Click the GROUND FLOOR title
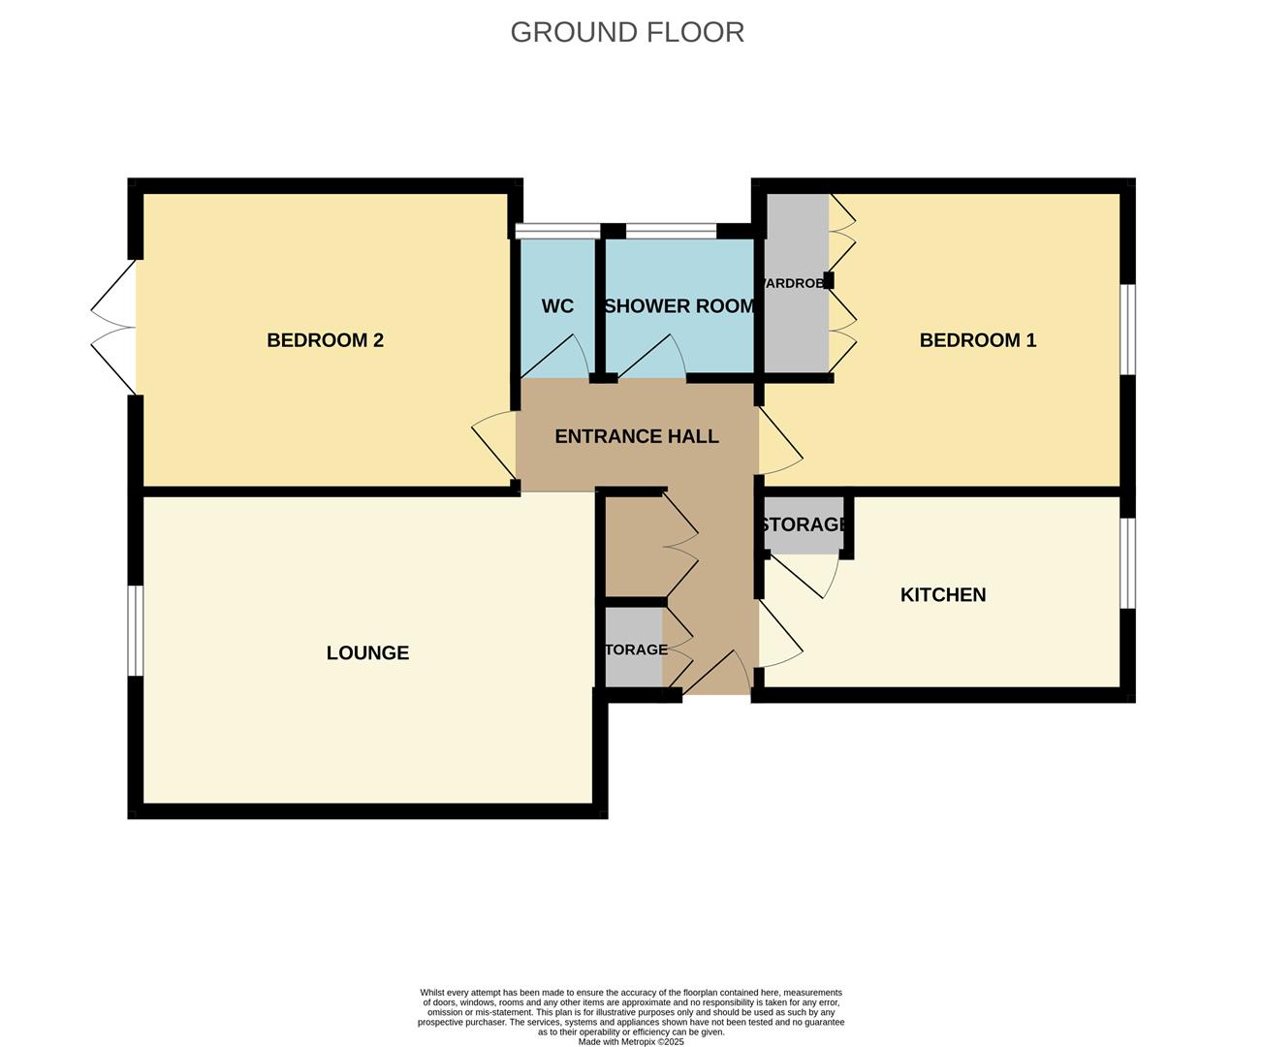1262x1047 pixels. [627, 32]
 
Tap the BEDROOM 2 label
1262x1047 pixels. [325, 340]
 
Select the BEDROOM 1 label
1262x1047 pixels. [977, 340]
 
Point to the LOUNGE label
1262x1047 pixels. [367, 653]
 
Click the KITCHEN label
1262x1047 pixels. [942, 595]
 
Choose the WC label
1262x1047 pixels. [557, 306]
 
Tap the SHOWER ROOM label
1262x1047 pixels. [678, 306]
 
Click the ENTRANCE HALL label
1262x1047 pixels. [636, 437]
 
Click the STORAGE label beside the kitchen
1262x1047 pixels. [803, 524]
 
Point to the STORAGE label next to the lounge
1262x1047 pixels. [635, 650]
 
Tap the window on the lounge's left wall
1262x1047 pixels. [136, 630]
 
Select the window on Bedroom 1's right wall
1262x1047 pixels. [1128, 329]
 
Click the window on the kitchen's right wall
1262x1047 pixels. [1128, 563]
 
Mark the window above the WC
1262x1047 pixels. [557, 231]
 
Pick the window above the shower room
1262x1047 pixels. [671, 231]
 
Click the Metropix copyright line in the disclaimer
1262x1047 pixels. [631, 1042]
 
